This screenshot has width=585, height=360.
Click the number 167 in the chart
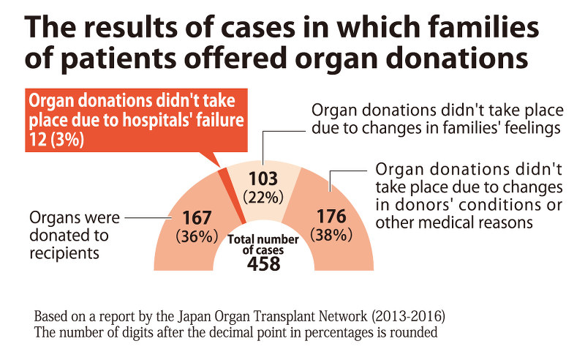tap(196, 218)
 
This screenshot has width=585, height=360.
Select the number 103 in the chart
tap(263, 178)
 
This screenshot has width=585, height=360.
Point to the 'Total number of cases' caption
tap(263, 244)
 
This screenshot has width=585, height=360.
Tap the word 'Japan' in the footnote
tap(197, 318)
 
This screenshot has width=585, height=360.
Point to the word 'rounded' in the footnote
tap(412, 334)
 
